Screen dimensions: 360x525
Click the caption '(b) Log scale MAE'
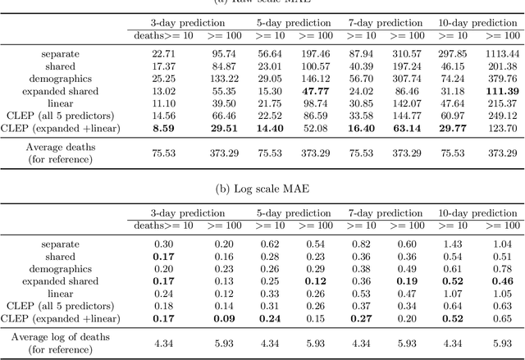(x=262, y=189)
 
